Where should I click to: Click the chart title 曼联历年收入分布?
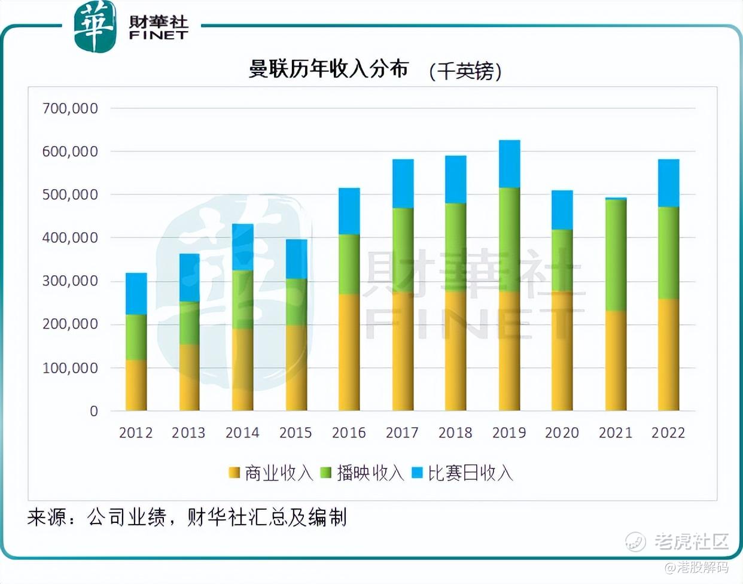(x=328, y=69)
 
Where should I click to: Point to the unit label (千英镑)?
(x=465, y=71)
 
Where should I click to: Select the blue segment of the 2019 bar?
(x=509, y=164)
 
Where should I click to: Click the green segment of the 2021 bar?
(x=616, y=255)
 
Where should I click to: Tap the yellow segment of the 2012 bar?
(x=136, y=385)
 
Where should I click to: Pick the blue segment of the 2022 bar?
(x=668, y=183)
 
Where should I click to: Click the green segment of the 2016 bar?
(x=349, y=264)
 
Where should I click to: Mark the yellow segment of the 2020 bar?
(x=562, y=351)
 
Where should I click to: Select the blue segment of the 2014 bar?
(x=242, y=247)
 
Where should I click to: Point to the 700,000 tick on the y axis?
(x=70, y=108)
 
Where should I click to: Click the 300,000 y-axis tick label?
(x=70, y=281)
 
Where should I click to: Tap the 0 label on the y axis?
(x=94, y=411)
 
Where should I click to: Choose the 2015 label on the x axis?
(x=296, y=433)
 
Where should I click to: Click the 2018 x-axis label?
(x=455, y=433)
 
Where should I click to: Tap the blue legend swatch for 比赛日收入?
(x=417, y=473)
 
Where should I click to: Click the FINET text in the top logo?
(x=159, y=35)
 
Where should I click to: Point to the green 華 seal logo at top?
(x=95, y=26)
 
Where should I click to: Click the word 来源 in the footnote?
(x=47, y=517)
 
